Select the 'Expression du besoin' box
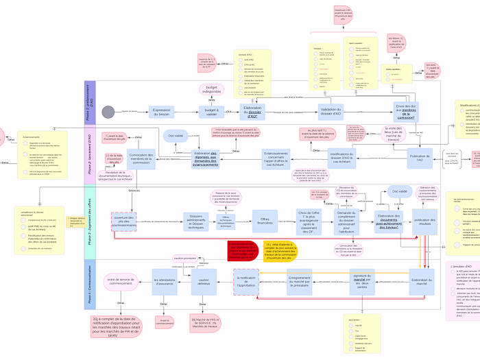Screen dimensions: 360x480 click(161, 111)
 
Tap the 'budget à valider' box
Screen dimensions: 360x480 click(212, 111)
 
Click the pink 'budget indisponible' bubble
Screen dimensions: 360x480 click(212, 89)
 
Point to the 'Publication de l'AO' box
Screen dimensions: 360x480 click(420, 159)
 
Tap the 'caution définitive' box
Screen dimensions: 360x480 click(204, 280)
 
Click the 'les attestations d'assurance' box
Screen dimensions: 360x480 click(165, 280)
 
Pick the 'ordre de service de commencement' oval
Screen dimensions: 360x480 click(120, 280)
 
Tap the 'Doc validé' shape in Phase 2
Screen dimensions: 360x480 click(178, 136)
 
